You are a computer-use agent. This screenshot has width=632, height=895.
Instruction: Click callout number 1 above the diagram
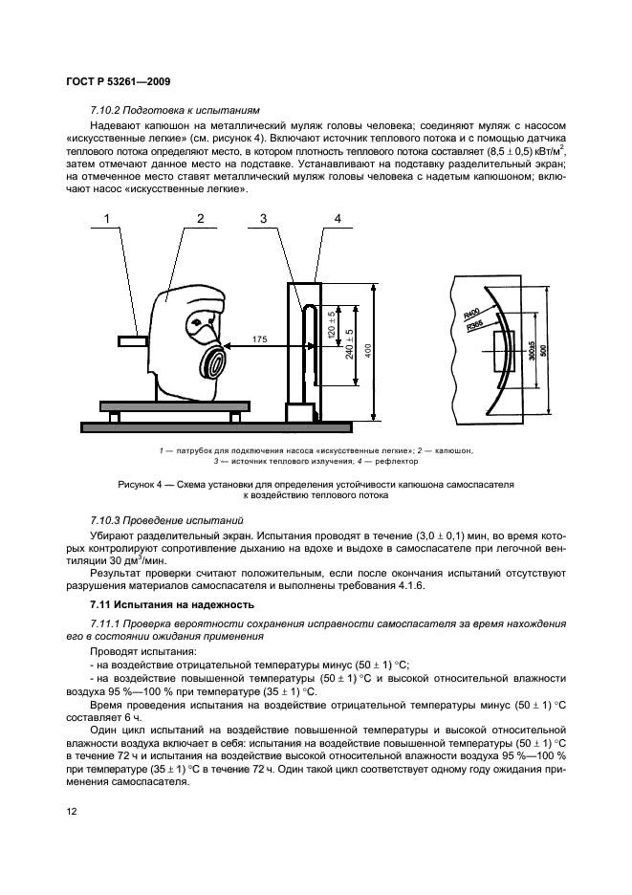pyautogui.click(x=108, y=220)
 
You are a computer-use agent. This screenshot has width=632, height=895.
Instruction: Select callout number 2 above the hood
pyautogui.click(x=200, y=220)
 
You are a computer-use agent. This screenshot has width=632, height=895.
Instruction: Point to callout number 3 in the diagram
pyautogui.click(x=262, y=220)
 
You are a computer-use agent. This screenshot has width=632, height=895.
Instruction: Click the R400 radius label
pyautogui.click(x=470, y=316)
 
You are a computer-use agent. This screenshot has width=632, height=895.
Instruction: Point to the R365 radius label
pyautogui.click(x=473, y=328)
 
